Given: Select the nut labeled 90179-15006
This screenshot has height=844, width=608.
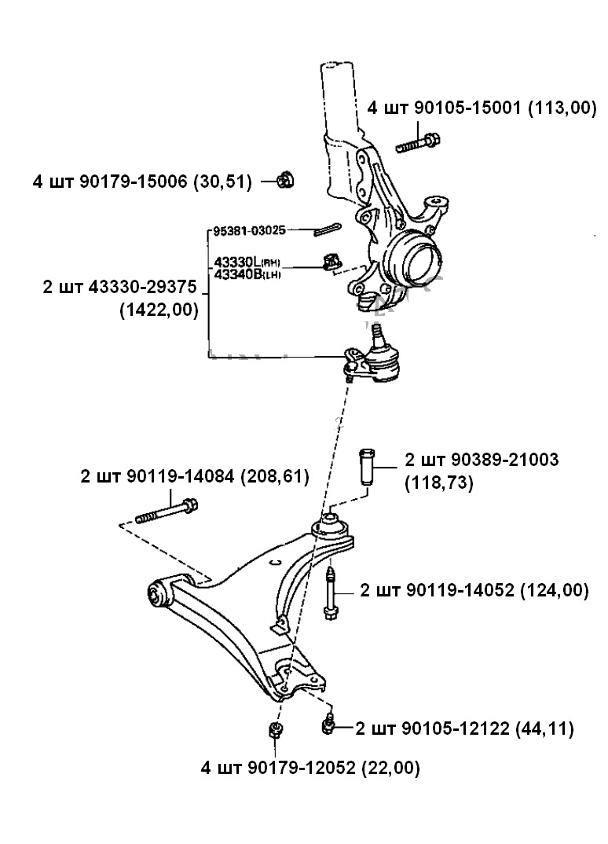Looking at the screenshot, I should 286,181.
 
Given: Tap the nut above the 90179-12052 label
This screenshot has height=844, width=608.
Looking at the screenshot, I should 276,730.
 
